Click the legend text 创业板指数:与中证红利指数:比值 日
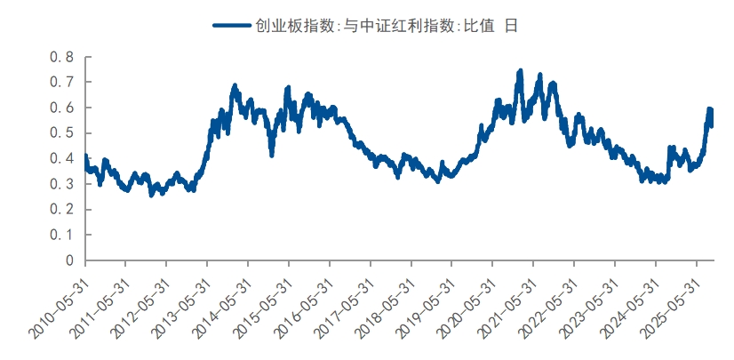[383, 26]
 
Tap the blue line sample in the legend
[232, 26]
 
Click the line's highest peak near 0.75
[521, 70]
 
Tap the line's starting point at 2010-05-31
[85, 157]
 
